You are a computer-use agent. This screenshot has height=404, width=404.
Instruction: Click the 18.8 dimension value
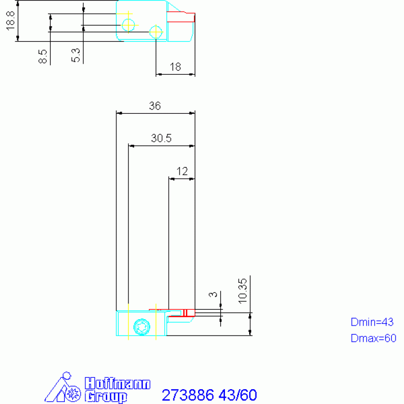11,21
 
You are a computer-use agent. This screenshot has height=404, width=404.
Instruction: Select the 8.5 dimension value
43,56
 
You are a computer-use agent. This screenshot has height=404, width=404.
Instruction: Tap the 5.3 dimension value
76,55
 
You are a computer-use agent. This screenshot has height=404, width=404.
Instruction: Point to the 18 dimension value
175,67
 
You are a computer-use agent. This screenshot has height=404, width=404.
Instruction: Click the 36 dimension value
155,106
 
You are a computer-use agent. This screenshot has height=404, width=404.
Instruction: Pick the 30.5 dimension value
161,139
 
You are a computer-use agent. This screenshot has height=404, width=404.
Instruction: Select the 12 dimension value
182,171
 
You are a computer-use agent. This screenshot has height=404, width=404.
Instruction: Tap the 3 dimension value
213,294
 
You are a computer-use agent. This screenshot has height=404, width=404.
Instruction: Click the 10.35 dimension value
243,291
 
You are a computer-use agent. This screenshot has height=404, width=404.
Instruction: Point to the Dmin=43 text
372,322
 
